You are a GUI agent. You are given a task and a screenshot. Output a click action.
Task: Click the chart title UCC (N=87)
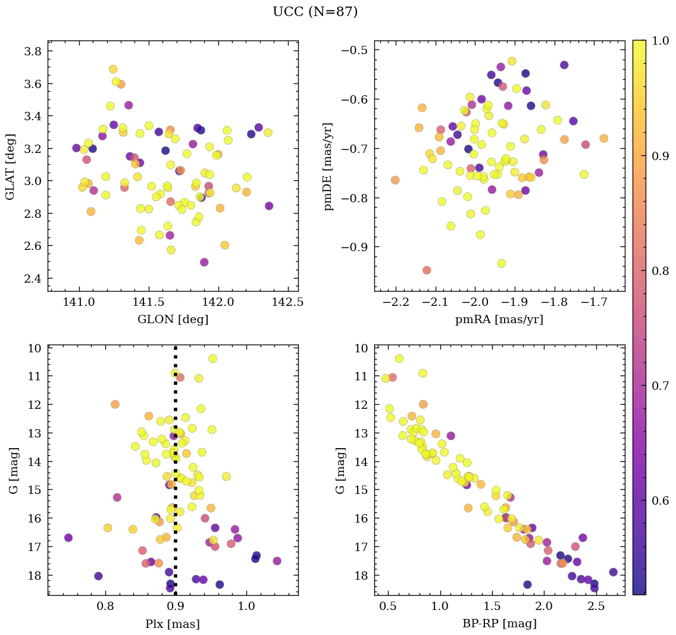click(315, 12)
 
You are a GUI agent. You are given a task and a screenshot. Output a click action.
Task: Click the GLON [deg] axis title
click(173, 320)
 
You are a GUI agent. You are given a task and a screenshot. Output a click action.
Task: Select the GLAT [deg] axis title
click(10, 166)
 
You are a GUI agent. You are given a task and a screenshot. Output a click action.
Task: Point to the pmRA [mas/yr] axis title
click(499, 320)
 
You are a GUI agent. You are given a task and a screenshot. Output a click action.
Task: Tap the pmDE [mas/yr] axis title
click(328, 166)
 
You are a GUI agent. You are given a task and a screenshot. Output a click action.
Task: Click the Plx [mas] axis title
click(173, 624)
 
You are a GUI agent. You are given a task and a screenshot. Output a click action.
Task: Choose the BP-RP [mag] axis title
click(499, 624)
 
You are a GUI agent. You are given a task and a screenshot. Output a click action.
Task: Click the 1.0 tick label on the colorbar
click(661, 41)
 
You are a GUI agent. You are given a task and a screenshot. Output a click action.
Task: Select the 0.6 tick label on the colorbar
click(661, 501)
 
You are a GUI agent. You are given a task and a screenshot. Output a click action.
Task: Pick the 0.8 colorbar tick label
click(661, 271)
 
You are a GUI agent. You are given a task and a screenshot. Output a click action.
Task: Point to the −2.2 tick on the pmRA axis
click(396, 302)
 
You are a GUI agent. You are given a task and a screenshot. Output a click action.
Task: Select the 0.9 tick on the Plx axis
click(176, 606)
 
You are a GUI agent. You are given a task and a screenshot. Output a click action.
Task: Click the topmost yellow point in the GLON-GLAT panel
click(113, 69)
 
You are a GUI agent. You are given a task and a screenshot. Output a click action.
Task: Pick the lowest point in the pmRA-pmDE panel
click(427, 270)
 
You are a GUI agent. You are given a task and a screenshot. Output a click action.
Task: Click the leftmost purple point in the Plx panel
click(68, 537)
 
